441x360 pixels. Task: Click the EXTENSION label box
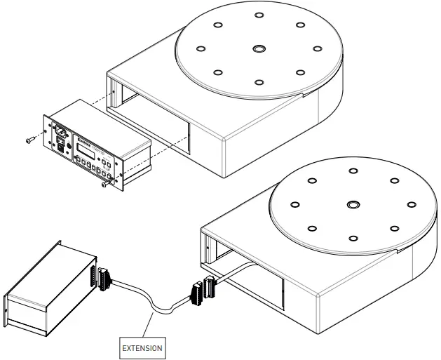tap(142, 347)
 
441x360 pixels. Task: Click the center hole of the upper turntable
tap(259, 49)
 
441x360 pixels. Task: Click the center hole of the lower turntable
tap(352, 205)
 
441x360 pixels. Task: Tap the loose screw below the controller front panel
tap(104, 186)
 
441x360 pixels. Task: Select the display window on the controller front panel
tap(86, 150)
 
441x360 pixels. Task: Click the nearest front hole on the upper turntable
tap(259, 82)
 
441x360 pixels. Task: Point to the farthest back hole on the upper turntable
tap(259, 15)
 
